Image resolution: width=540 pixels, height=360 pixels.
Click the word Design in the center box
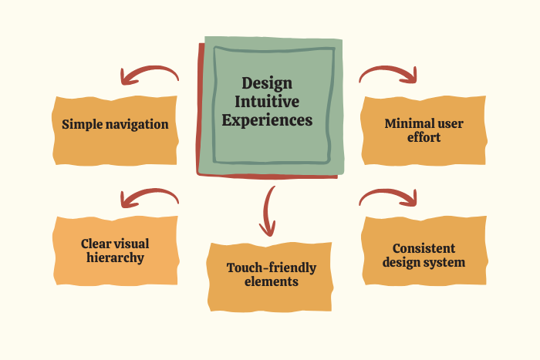(x=267, y=83)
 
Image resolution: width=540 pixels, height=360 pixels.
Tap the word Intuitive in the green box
(x=267, y=102)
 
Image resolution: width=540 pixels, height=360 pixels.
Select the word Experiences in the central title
(x=267, y=120)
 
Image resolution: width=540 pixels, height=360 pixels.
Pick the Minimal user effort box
(x=424, y=130)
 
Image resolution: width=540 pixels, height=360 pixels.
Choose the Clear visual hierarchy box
(x=115, y=251)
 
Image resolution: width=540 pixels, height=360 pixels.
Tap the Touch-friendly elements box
(x=271, y=275)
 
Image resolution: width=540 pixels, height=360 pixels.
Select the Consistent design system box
(x=424, y=255)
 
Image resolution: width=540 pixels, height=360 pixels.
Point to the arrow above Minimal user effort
(x=388, y=73)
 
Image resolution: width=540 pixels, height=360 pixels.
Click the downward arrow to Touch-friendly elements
(x=268, y=210)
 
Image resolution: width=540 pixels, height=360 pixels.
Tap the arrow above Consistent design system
(x=388, y=197)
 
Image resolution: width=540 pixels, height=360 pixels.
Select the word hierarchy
(x=115, y=258)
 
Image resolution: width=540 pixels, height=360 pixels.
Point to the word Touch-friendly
(x=271, y=267)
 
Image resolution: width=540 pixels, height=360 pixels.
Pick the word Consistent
(x=424, y=248)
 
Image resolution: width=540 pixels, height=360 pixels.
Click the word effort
(x=424, y=138)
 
